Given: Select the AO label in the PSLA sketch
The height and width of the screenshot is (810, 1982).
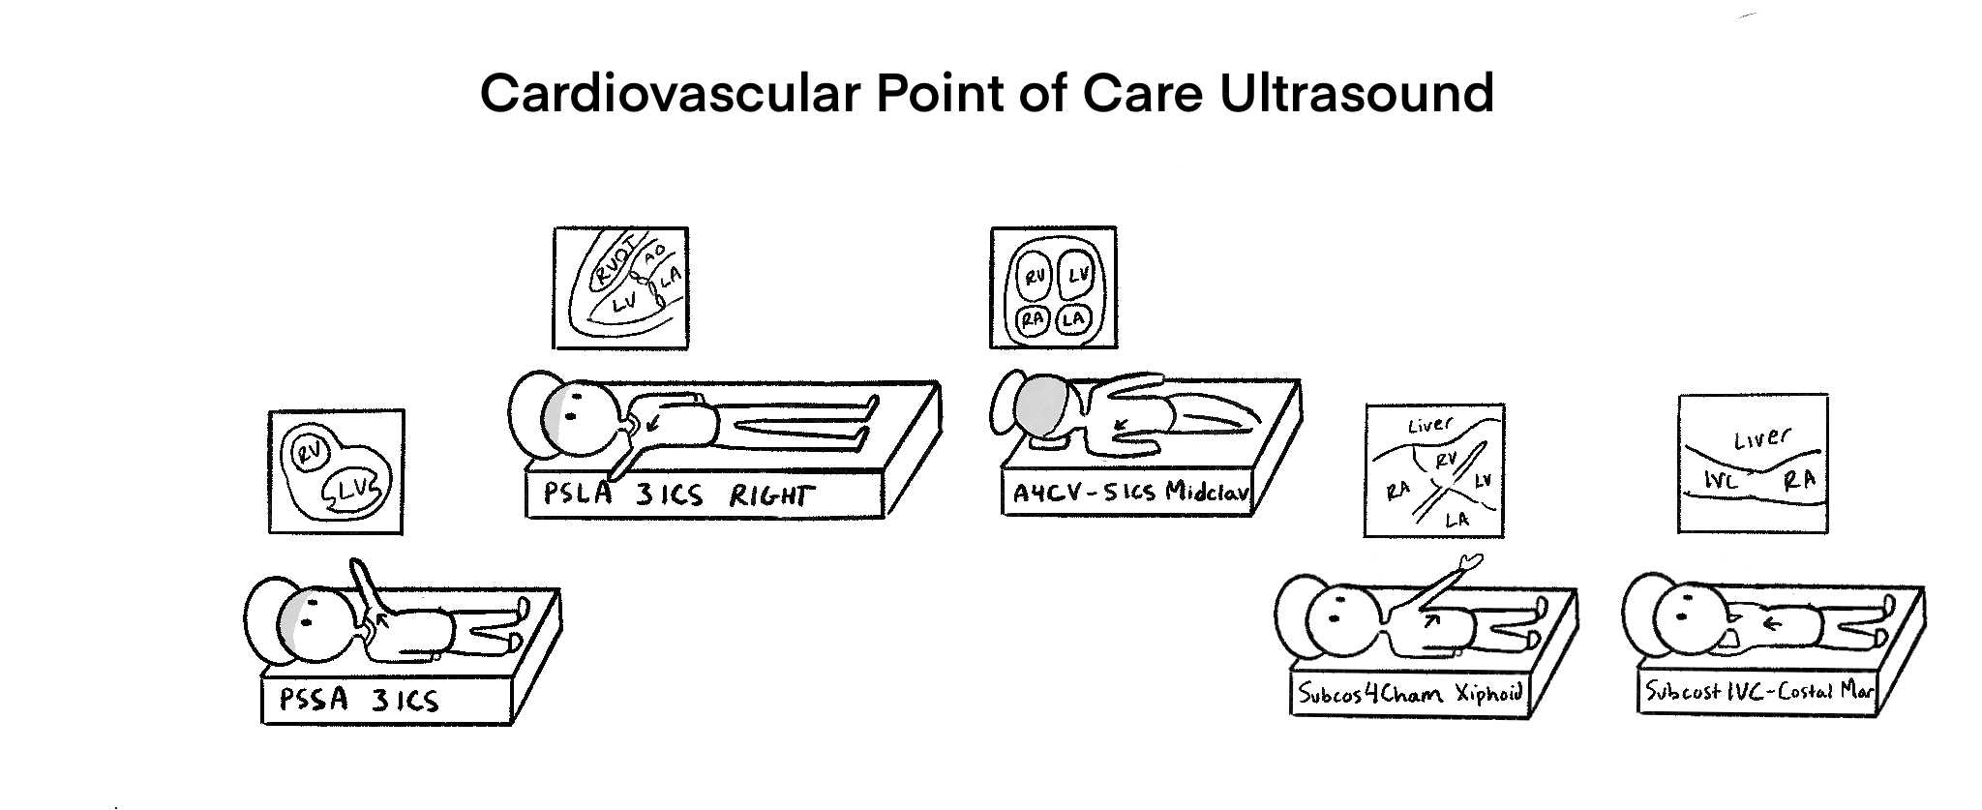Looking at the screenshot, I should (655, 254).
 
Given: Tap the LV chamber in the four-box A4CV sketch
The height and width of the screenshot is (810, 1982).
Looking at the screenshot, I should (1074, 278).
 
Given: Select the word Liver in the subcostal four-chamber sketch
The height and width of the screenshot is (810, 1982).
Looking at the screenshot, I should (1429, 425).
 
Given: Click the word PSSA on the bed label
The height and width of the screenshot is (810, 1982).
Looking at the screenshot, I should (313, 699).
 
